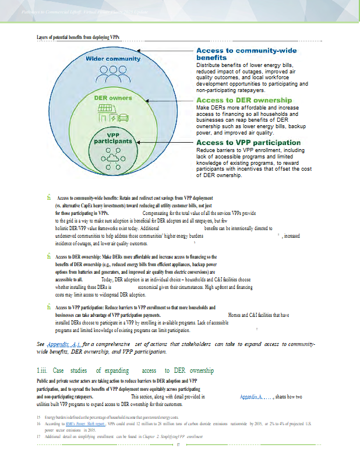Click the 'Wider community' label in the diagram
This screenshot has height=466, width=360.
(x=113, y=59)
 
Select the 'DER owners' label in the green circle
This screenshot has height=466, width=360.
(x=113, y=98)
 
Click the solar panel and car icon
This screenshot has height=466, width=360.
(x=114, y=114)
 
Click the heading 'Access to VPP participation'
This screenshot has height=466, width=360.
(x=248, y=143)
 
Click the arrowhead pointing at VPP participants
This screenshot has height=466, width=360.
(x=138, y=141)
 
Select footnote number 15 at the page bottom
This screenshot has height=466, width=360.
(x=38, y=418)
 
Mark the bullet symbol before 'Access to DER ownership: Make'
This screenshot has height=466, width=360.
(x=41, y=257)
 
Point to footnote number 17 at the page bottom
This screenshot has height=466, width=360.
(x=38, y=436)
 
